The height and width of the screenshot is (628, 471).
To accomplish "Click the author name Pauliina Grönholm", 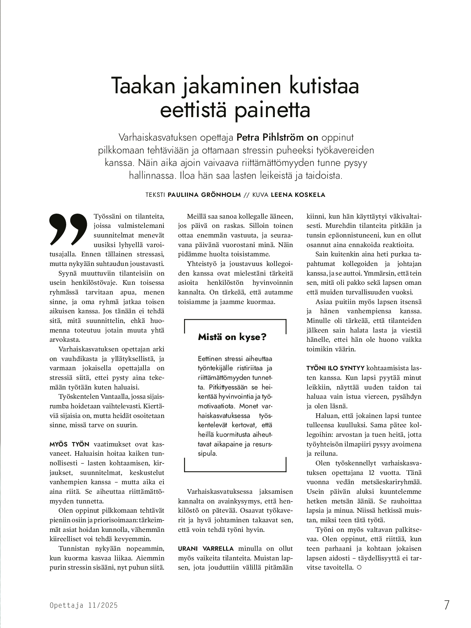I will (205, 195).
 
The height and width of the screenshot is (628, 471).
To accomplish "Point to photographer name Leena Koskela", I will (298, 195).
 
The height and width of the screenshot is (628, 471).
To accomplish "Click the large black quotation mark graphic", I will (68, 229).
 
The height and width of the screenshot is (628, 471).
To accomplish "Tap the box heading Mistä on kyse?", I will (232, 337).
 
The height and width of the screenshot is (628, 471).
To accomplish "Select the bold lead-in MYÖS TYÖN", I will (69, 444).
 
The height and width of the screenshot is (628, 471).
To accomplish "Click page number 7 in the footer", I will (446, 605).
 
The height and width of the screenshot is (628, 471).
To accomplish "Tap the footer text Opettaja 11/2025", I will (83, 605).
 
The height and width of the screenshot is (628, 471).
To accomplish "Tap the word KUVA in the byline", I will (261, 195).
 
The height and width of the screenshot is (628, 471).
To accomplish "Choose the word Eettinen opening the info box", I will (210, 359).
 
